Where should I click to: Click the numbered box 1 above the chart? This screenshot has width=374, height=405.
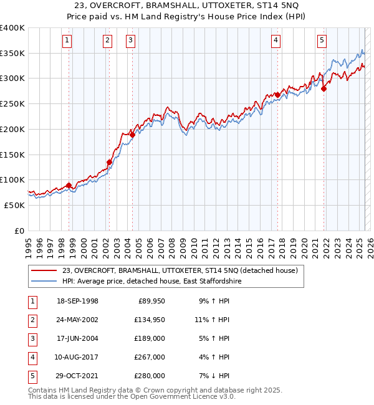[67, 41]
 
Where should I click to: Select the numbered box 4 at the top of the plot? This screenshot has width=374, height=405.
[276, 41]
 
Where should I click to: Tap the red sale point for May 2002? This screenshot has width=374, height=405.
[109, 162]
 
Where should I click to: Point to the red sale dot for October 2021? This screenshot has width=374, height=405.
[324, 89]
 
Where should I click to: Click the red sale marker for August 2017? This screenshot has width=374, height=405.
[277, 95]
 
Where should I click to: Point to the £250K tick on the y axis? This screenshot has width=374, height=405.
[12, 104]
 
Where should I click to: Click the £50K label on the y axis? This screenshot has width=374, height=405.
[14, 205]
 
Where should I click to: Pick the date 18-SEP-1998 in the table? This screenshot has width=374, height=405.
[77, 301]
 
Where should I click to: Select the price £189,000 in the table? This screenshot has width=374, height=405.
[150, 338]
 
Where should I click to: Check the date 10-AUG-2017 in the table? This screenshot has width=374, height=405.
[77, 357]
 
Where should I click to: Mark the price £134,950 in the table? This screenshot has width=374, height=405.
[150, 320]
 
